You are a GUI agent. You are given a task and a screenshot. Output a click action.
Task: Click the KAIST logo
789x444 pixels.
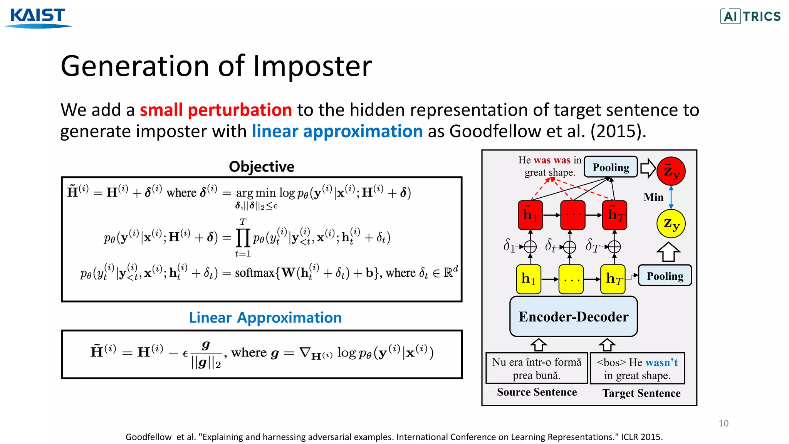click(38, 18)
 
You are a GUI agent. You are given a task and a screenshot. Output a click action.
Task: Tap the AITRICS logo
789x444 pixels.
click(750, 17)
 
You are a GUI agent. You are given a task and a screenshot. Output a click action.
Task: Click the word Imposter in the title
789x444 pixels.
click(312, 66)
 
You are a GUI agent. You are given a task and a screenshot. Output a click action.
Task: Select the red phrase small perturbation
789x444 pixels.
click(216, 110)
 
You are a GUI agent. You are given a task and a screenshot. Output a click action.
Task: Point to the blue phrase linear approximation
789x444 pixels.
click(337, 131)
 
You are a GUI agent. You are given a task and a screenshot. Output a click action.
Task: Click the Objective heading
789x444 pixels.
click(262, 166)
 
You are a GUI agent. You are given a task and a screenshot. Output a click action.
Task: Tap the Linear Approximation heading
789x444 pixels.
click(265, 318)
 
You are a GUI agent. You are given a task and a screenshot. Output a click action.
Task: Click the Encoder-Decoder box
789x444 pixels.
click(573, 316)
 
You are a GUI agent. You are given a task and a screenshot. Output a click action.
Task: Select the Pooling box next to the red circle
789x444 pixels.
click(611, 167)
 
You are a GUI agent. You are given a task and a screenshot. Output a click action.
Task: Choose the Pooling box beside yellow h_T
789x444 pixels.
click(665, 276)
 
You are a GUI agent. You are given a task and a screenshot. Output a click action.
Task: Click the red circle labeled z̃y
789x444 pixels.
click(671, 171)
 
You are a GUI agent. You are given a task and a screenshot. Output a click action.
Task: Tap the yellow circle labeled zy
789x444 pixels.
click(671, 224)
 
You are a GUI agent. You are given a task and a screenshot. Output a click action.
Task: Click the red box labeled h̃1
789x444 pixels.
click(530, 215)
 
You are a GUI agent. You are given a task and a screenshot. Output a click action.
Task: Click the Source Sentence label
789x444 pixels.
click(537, 392)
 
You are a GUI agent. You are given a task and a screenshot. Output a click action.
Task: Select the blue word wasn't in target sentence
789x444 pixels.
click(661, 362)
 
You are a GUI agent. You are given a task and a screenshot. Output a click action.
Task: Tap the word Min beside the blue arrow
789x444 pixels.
click(653, 197)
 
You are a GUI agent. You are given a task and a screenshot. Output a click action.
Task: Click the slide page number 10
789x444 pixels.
click(723, 423)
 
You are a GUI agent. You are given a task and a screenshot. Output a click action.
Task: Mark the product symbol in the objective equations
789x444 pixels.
click(243, 238)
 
